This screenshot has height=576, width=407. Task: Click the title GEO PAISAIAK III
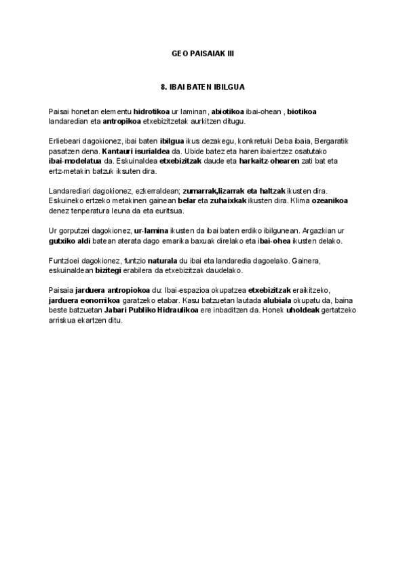coord(202,52)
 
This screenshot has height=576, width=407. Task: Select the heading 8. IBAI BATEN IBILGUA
coord(202,88)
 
